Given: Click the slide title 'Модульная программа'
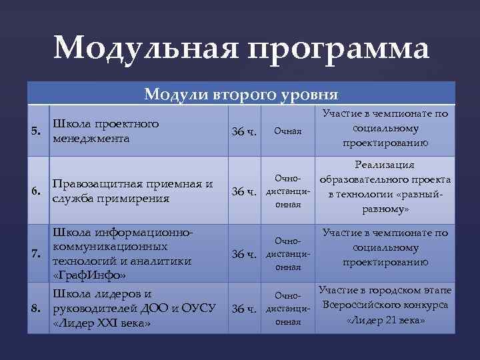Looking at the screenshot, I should coord(242,48).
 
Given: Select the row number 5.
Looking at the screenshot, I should coord(39,130).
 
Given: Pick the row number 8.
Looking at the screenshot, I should coord(39,309).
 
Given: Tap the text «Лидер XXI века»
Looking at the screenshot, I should coord(101,323).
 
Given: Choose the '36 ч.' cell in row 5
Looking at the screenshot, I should coord(243,131).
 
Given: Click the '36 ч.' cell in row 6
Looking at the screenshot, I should coord(243,193).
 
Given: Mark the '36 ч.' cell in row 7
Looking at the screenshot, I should coord(243,254).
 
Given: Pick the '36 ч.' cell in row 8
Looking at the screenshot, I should coord(243,309).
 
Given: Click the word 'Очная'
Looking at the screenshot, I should coord(289,131).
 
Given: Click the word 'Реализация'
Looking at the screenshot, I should coord(385,165).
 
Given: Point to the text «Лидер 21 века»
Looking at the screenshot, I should coord(385,320).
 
